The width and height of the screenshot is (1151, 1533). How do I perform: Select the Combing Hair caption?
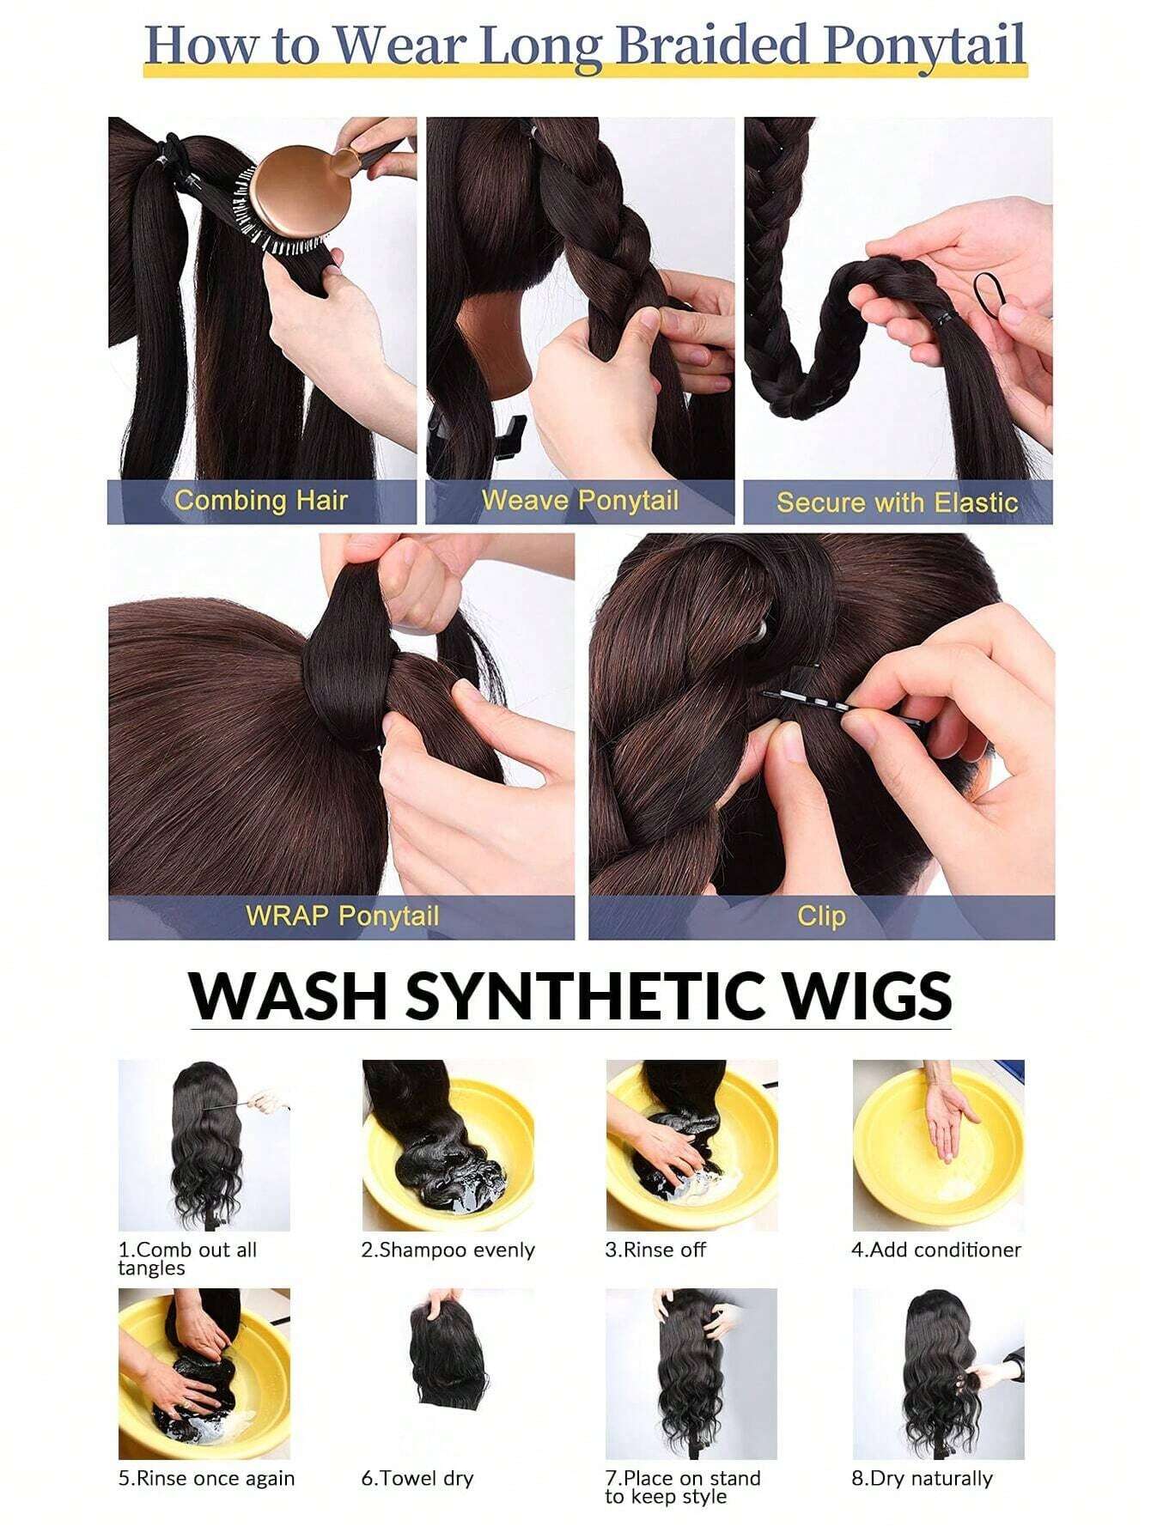point(261,501)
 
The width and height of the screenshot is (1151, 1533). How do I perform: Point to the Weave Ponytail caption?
point(580,501)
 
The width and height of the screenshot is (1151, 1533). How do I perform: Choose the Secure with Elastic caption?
point(898,502)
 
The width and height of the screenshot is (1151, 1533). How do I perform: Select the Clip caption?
point(821,916)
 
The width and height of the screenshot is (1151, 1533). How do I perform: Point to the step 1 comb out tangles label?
point(187,1259)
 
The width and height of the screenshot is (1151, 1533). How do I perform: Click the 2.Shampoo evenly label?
point(448,1250)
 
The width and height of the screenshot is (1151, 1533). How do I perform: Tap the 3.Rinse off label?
point(655,1250)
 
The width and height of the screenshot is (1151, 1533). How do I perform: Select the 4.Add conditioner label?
point(936,1250)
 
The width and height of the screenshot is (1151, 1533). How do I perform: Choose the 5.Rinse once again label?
point(206,1479)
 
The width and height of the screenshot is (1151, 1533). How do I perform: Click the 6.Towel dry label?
point(417,1479)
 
